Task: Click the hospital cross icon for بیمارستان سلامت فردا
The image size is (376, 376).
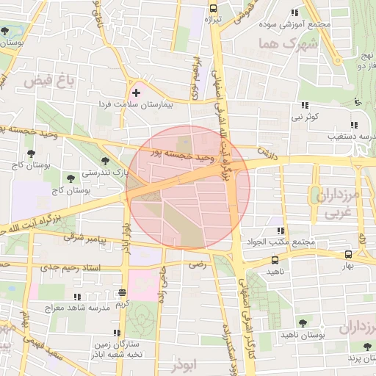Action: (x=136, y=93)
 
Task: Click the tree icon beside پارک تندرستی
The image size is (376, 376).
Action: (x=106, y=160)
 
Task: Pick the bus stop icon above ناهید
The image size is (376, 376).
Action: (x=275, y=259)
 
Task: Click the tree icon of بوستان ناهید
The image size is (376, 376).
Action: (x=303, y=322)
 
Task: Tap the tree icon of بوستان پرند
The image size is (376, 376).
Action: (x=364, y=347)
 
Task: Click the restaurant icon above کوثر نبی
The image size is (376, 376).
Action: (x=304, y=104)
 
